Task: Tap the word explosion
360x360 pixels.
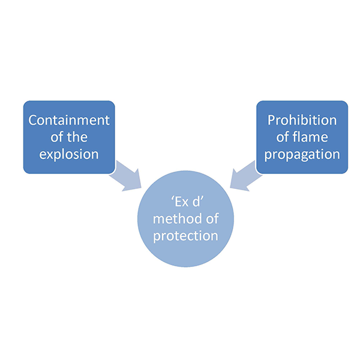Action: coord(70,154)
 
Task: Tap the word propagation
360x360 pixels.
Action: coord(302,154)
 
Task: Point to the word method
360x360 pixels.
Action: coord(172,218)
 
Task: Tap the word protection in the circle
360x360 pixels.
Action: coord(185,235)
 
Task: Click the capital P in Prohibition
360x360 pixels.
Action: coord(272,120)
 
